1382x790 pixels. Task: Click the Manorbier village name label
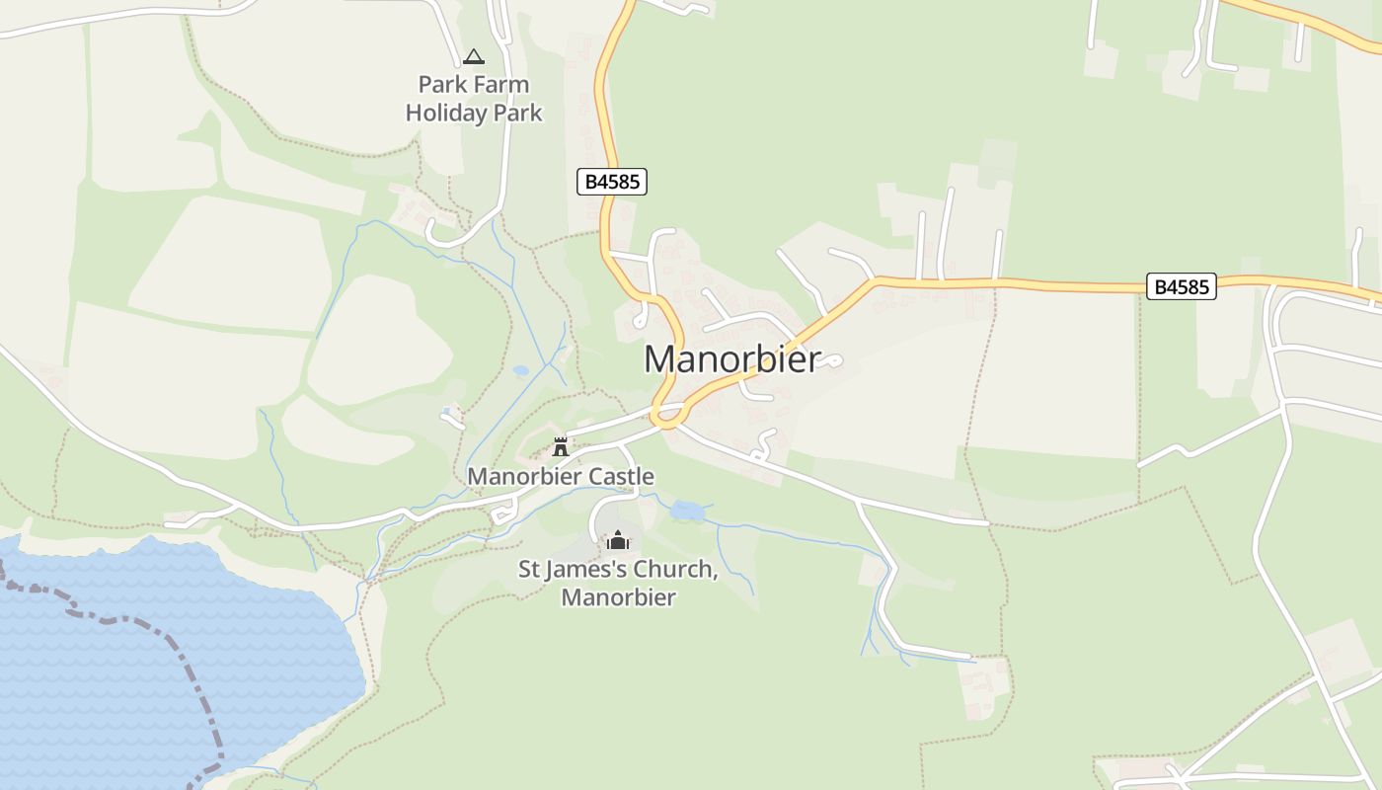731,359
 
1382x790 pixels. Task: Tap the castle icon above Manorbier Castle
561,447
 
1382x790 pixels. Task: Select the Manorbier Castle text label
560,476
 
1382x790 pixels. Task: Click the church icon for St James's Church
618,540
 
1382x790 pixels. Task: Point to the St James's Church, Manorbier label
618,583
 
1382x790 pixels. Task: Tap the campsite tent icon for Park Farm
474,57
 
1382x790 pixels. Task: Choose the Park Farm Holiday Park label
474,98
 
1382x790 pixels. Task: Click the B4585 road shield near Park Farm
612,182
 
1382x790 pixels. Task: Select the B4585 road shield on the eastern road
1182,286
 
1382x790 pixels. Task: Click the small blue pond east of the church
687,511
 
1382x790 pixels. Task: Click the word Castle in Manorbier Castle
621,476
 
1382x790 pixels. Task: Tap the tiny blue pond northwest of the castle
520,371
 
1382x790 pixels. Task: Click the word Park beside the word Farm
440,84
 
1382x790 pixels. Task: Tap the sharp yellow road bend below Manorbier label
667,423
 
